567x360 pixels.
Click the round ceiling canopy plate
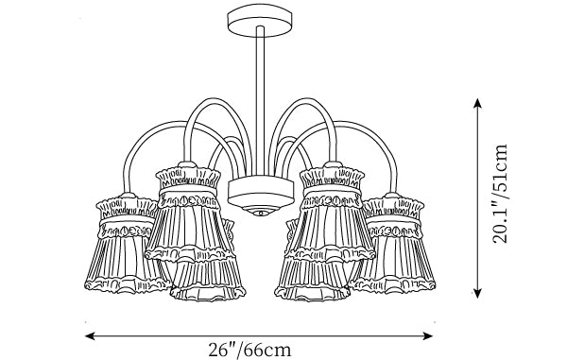[x=260, y=20]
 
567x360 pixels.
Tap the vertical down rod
[x=260, y=101]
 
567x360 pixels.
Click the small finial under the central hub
[x=261, y=212]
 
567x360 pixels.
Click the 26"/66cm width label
[x=249, y=350]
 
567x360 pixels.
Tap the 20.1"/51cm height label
[x=501, y=194]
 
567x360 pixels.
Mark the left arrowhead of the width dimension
[x=90, y=335]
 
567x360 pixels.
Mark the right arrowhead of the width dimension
[x=428, y=335]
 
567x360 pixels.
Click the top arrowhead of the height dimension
[x=477, y=103]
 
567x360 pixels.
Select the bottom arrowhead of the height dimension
[x=477, y=293]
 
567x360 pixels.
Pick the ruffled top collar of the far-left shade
[x=127, y=208]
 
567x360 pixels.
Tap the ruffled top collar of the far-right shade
[x=393, y=208]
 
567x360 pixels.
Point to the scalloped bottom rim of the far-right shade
[x=393, y=284]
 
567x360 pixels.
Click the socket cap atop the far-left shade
[x=128, y=196]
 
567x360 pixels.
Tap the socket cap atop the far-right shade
[x=392, y=196]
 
